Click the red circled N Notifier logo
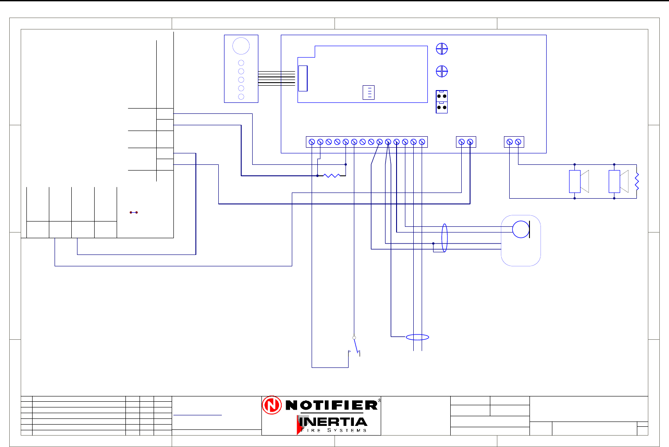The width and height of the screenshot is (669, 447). point(272,405)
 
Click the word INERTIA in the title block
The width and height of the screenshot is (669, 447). point(333,422)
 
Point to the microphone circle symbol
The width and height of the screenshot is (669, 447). point(521,229)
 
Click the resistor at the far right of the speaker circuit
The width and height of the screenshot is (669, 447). point(636,182)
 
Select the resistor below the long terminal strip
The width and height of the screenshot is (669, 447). point(331,175)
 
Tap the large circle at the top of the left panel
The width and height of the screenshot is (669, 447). point(241,46)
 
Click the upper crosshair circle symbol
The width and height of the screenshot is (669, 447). point(441,49)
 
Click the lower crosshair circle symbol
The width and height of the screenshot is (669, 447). point(441,71)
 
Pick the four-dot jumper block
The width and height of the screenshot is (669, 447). point(441,102)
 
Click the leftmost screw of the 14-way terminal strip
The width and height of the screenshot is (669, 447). point(312,142)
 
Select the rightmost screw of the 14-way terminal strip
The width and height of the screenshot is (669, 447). point(422,142)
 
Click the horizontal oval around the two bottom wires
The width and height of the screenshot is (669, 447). point(417,337)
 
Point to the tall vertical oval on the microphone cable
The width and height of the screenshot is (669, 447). point(445,238)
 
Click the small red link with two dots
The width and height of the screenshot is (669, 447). point(134,212)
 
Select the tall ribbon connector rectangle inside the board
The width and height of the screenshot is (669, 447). point(303,78)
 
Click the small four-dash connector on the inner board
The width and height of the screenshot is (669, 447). point(368,93)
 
